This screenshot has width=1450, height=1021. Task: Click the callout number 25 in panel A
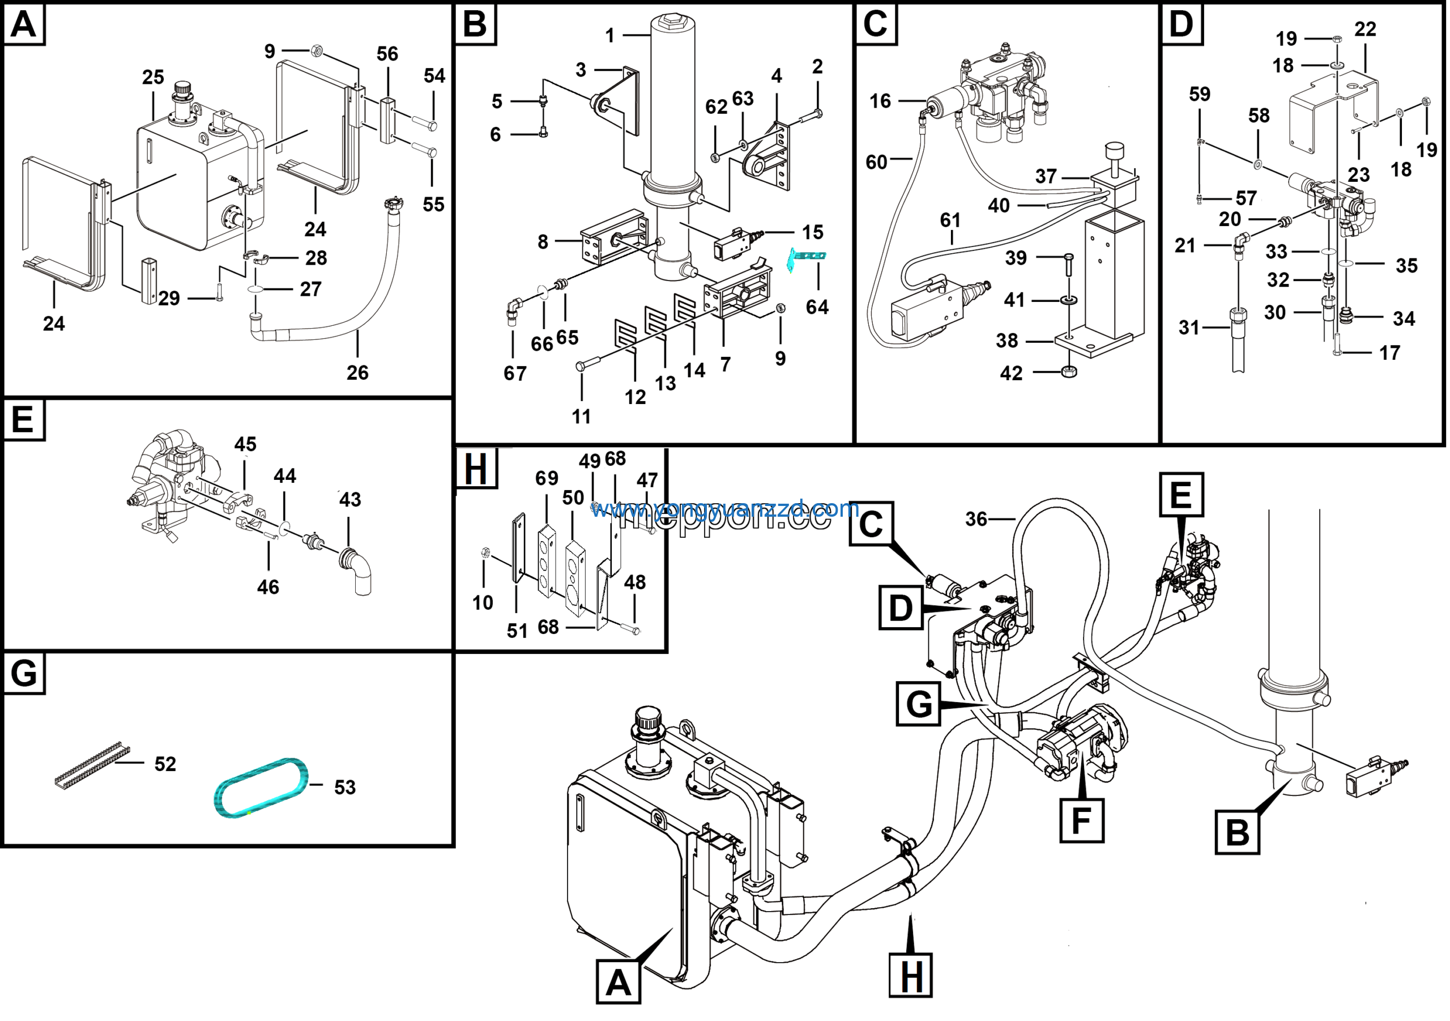[153, 77]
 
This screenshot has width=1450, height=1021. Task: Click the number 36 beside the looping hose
[976, 520]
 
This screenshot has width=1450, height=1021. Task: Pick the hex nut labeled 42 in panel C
[1069, 372]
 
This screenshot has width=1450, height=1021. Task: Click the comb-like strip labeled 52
[92, 766]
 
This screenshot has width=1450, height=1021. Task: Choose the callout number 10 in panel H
[483, 603]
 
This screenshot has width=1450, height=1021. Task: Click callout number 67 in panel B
[515, 373]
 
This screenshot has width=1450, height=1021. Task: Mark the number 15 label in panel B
[813, 232]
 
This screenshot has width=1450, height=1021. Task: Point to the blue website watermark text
[724, 509]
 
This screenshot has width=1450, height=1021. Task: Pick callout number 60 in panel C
[877, 163]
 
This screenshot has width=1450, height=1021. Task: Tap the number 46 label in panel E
[268, 587]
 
